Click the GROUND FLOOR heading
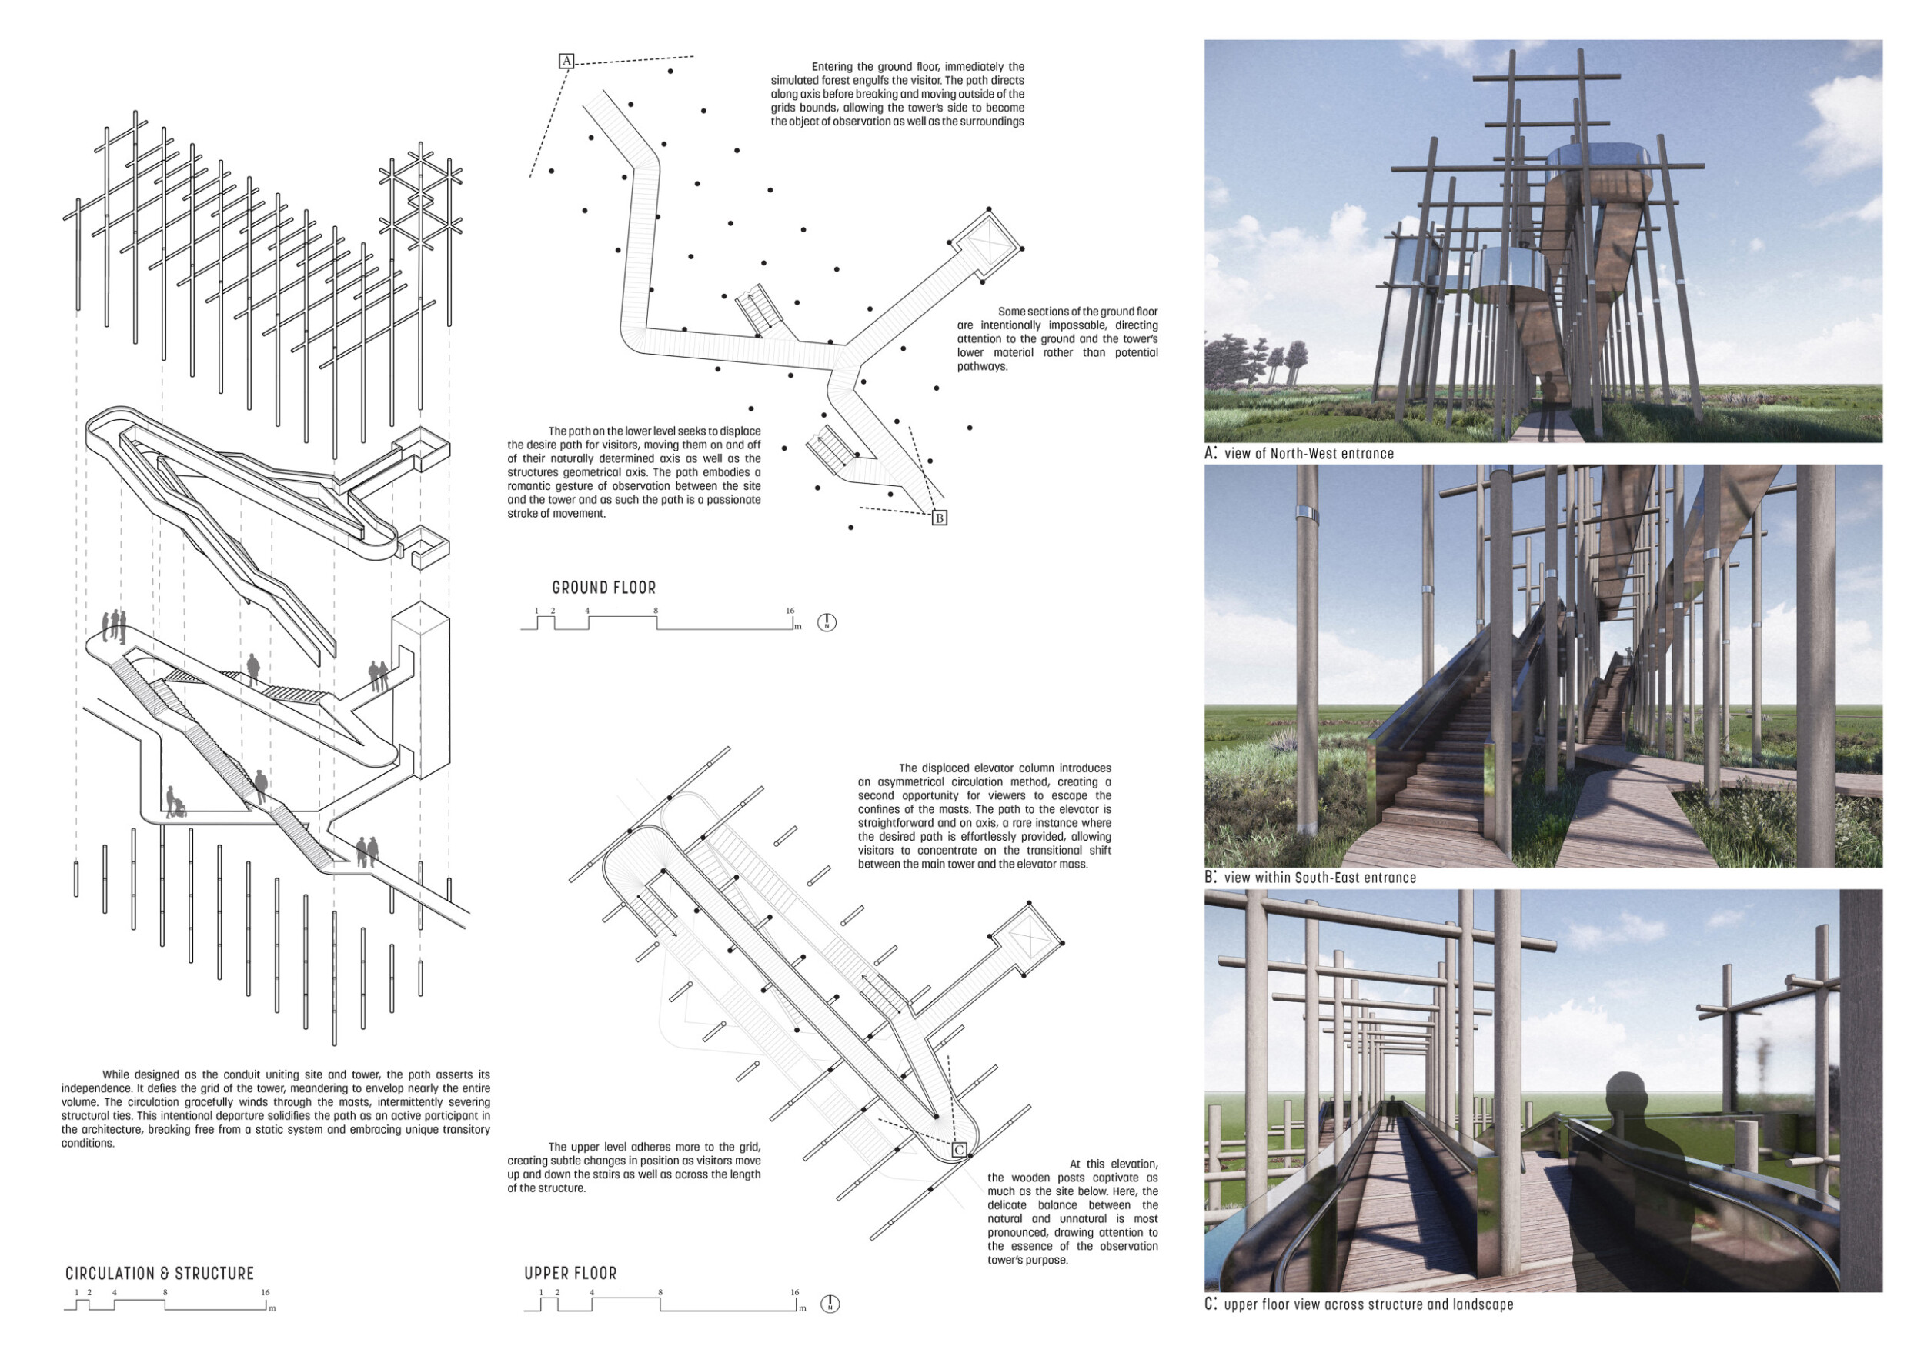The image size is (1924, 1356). tap(603, 588)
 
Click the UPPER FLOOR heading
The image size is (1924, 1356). tap(571, 1273)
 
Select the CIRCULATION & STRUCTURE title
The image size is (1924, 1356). tap(159, 1273)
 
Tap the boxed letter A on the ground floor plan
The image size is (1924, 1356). tap(566, 61)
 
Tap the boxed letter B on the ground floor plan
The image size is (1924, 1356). tap(940, 518)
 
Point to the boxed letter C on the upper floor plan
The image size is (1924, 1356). tap(960, 1150)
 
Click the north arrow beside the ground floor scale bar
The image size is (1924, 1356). tap(827, 622)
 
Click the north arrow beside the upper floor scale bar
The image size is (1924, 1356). tap(830, 1304)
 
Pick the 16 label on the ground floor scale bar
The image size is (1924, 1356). tap(790, 611)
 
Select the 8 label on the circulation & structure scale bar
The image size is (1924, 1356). tap(165, 1292)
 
